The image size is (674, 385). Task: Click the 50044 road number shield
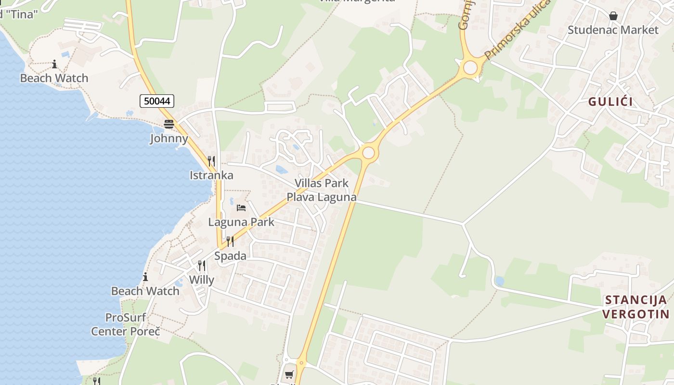pos(157,101)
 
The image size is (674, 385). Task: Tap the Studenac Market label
pos(612,30)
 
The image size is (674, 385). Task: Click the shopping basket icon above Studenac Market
pos(613,16)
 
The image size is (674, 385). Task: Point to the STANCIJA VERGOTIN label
pos(635,307)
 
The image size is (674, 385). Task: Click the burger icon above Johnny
pos(168,124)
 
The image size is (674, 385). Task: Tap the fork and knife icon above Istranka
pos(211,161)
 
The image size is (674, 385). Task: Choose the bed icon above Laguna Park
pos(241,208)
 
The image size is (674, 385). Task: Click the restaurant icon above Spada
pos(230,242)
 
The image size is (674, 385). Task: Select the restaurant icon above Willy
pos(202,266)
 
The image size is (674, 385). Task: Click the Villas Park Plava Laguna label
pos(322,190)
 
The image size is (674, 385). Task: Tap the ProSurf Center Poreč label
pos(126,324)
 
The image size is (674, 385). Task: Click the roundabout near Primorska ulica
pos(470,67)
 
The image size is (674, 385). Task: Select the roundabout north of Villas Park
pos(368,153)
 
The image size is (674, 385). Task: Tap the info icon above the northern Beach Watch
pos(54,64)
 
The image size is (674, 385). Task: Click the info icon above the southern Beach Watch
pos(145,277)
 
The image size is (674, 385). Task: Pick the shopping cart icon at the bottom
pos(289,374)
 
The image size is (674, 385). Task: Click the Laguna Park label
pos(241,222)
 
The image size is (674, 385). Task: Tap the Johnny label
pos(169,139)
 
